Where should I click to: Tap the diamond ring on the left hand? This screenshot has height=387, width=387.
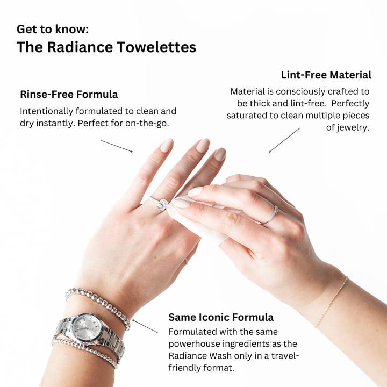point(162,204)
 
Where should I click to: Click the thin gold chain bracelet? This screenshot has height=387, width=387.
point(331,301)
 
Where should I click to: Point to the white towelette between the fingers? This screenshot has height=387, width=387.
point(199,226)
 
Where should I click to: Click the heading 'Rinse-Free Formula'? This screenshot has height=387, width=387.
point(69,95)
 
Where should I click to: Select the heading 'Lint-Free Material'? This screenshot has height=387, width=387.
point(326,75)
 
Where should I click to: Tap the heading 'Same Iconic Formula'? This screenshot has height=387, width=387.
point(221,317)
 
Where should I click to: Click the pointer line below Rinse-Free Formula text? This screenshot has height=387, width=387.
point(116,146)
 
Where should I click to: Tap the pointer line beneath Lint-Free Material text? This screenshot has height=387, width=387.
point(284,140)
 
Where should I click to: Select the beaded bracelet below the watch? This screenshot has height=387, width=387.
point(86,352)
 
